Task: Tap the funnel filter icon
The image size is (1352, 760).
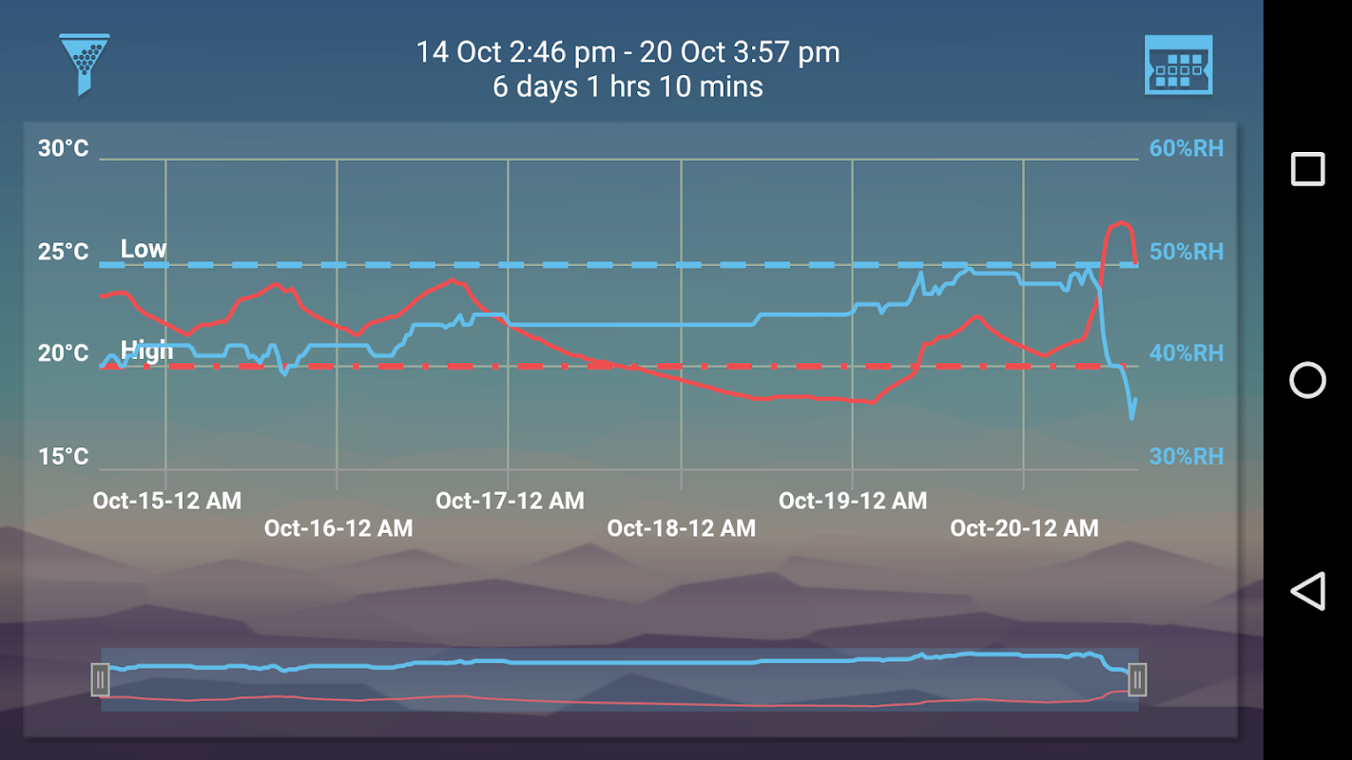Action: (x=84, y=64)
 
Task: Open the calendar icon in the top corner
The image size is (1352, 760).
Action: (x=1178, y=65)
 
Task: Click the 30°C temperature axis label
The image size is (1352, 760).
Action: (x=64, y=148)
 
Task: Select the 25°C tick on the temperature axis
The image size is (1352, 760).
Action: (x=64, y=252)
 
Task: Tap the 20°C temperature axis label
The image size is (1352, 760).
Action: (x=64, y=353)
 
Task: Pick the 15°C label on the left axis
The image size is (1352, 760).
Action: (x=64, y=457)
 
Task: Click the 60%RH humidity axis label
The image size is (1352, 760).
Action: (x=1186, y=148)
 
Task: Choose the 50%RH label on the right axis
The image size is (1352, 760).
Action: (x=1186, y=252)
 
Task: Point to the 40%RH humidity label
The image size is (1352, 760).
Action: (x=1186, y=353)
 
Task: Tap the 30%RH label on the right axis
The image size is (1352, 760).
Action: (x=1186, y=457)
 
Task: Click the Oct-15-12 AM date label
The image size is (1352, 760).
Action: (x=166, y=501)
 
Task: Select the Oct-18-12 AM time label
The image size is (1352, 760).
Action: (x=681, y=528)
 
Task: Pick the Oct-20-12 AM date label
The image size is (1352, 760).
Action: (x=1024, y=528)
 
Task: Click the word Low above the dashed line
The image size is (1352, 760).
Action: (x=144, y=249)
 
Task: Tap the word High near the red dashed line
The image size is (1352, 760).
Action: (x=147, y=351)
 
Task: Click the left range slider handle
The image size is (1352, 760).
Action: (x=100, y=680)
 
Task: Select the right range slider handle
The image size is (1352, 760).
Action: (x=1137, y=680)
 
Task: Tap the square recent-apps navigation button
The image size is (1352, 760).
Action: (x=1307, y=169)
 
